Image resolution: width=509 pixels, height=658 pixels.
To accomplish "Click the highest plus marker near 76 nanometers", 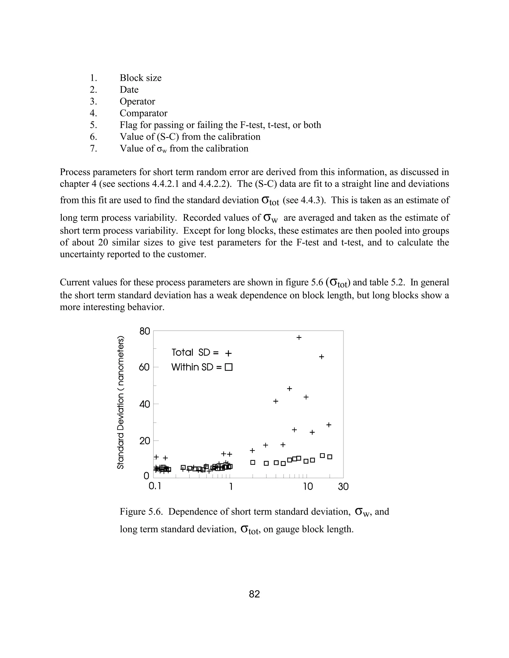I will point(299,337).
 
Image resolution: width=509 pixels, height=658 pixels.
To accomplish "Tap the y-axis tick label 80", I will point(144,331).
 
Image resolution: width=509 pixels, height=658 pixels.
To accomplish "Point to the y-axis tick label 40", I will point(144,404).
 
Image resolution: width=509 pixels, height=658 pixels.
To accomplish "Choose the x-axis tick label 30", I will point(343,487).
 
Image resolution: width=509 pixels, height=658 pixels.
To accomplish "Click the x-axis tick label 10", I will point(308,487).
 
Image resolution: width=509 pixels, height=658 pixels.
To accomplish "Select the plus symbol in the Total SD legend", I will point(229,353).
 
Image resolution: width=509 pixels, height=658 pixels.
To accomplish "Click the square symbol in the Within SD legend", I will point(229,367).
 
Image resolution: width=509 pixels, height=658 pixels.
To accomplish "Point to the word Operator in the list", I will point(137,102).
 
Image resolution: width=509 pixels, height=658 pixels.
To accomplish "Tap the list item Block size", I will point(140,78).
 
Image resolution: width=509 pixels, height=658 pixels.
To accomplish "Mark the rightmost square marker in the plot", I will point(330,457).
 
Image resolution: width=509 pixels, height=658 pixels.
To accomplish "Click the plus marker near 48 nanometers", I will point(290,389).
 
